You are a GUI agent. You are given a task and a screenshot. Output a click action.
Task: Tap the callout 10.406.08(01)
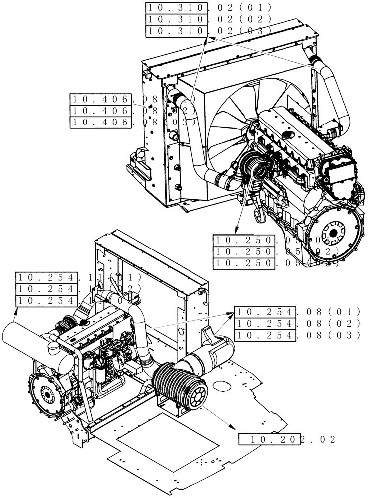point(133,99)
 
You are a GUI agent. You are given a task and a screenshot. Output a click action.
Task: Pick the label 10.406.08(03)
point(133,122)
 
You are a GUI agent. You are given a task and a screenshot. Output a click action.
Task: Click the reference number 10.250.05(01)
point(276,240)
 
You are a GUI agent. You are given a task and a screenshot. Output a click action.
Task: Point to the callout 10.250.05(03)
point(276,263)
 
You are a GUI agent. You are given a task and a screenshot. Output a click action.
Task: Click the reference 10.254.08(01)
point(296,312)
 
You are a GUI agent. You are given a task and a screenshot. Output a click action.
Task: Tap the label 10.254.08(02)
point(296,323)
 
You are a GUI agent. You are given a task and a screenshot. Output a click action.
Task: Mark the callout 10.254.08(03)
point(296,335)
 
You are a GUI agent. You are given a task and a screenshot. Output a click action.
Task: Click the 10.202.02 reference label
point(287,439)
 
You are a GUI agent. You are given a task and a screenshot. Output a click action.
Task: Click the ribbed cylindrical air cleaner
point(179,383)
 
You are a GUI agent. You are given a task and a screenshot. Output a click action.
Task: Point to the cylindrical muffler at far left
point(30,344)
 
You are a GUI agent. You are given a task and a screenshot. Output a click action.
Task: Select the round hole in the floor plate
point(222,386)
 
